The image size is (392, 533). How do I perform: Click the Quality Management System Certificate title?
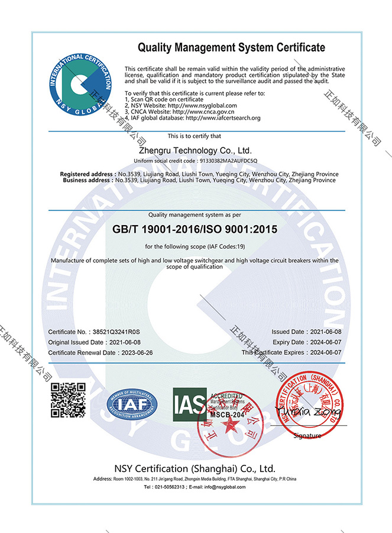coord(231,47)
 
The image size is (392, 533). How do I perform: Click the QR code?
coord(69,401)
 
